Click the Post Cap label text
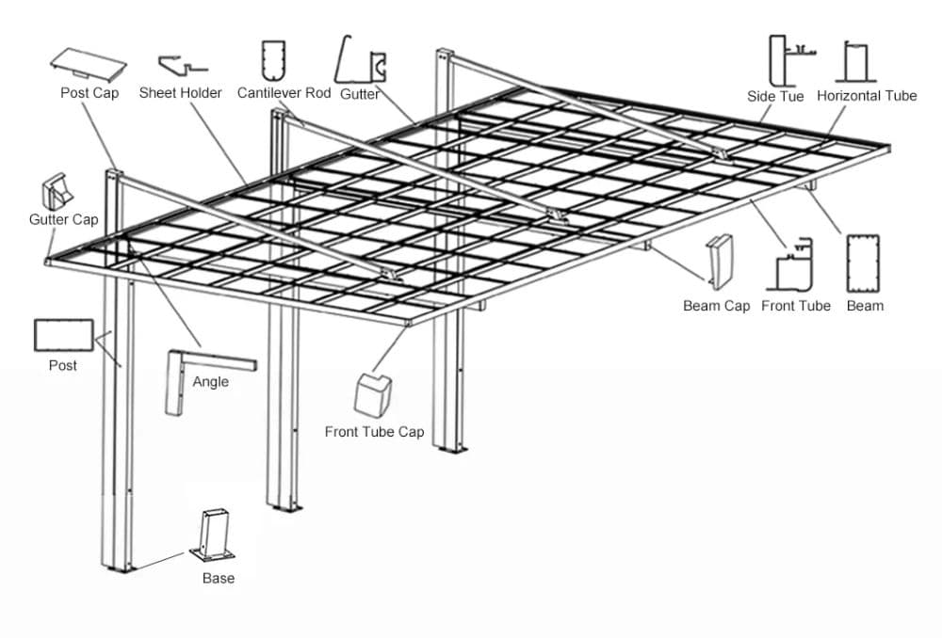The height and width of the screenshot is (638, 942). point(89,93)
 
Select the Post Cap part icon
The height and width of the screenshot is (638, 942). point(88,62)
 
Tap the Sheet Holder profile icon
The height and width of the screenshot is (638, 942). point(182,65)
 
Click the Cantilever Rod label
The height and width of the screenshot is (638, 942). point(284,93)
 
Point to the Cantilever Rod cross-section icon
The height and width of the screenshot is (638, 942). point(273,60)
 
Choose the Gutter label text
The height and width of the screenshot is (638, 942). point(359,94)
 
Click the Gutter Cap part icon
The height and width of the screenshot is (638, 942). point(54,190)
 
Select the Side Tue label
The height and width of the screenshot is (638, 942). point(775,96)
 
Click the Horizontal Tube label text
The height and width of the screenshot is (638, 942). point(867,96)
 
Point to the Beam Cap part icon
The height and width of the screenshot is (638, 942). point(720,263)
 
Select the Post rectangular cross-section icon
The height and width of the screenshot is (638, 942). point(63,335)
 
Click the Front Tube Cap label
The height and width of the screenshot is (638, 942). point(374,432)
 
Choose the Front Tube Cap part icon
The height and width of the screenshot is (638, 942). point(372,392)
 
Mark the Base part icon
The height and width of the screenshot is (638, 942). point(213,535)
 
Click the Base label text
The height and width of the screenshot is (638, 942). point(218,578)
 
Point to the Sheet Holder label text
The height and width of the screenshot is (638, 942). point(180,93)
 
